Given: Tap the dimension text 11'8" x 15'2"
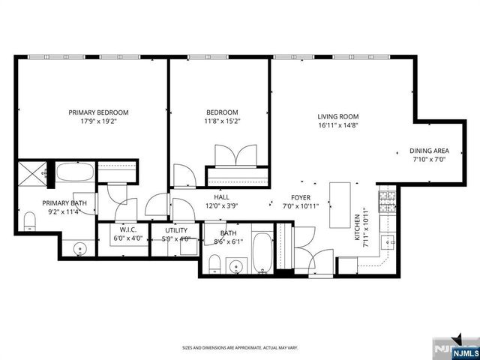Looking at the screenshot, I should tap(222, 121).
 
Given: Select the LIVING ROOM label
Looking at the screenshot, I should tap(337, 116).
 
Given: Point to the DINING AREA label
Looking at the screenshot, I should tap(429, 150).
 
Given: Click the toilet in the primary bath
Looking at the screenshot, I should tap(30, 220).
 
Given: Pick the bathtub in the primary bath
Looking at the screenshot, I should tap(75, 172).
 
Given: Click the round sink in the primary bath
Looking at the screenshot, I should tap(79, 247).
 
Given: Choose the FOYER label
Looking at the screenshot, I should tap(290, 196).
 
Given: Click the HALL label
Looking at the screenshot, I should tap(222, 196).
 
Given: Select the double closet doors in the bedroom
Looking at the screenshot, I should tap(236, 157).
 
